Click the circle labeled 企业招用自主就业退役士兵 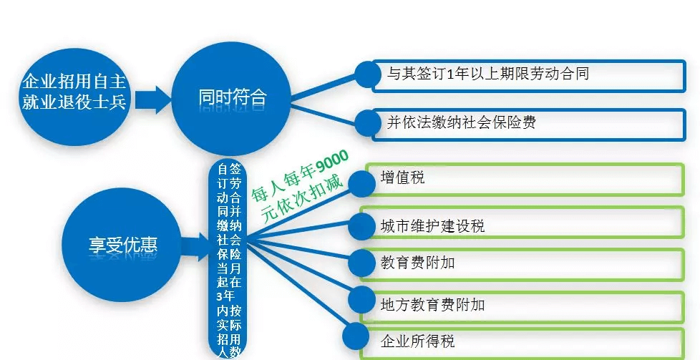(x=74, y=97)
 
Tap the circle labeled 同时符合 (x=232, y=97)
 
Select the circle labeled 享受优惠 (x=122, y=245)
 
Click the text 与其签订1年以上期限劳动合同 (x=488, y=73)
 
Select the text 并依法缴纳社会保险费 (x=461, y=122)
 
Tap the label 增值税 (x=402, y=177)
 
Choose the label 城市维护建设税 (x=432, y=225)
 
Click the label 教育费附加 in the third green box (x=417, y=263)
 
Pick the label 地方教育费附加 (x=432, y=305)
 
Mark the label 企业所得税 (x=417, y=341)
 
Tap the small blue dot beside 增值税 (x=361, y=183)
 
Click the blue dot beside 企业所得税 (x=357, y=336)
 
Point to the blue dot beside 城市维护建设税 (x=361, y=226)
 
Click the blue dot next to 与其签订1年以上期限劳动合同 (x=369, y=74)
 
